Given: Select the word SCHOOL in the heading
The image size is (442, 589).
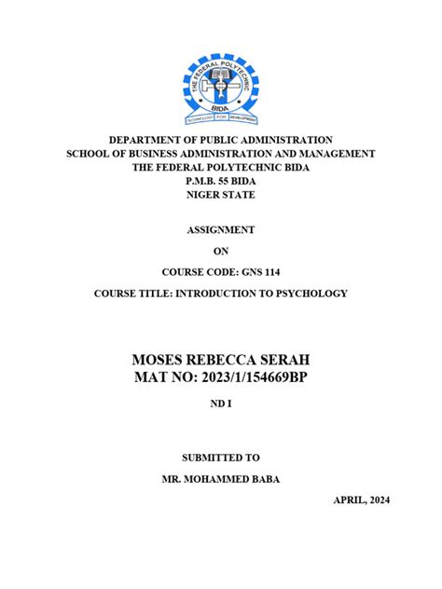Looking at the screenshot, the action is [x=87, y=153].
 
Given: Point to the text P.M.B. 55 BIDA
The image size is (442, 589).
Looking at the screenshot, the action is [x=220, y=181].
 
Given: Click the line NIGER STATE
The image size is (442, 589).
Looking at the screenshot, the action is [x=220, y=195].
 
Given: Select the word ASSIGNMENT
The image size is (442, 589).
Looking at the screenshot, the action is [x=220, y=229].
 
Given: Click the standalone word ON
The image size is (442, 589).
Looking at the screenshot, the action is [x=220, y=251].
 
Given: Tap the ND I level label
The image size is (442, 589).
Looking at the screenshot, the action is [x=220, y=406].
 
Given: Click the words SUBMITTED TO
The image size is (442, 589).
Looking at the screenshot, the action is [x=220, y=458].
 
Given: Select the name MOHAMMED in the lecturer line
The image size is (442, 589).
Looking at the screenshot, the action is [x=223, y=479].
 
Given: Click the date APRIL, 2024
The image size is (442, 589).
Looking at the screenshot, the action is [x=362, y=500].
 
